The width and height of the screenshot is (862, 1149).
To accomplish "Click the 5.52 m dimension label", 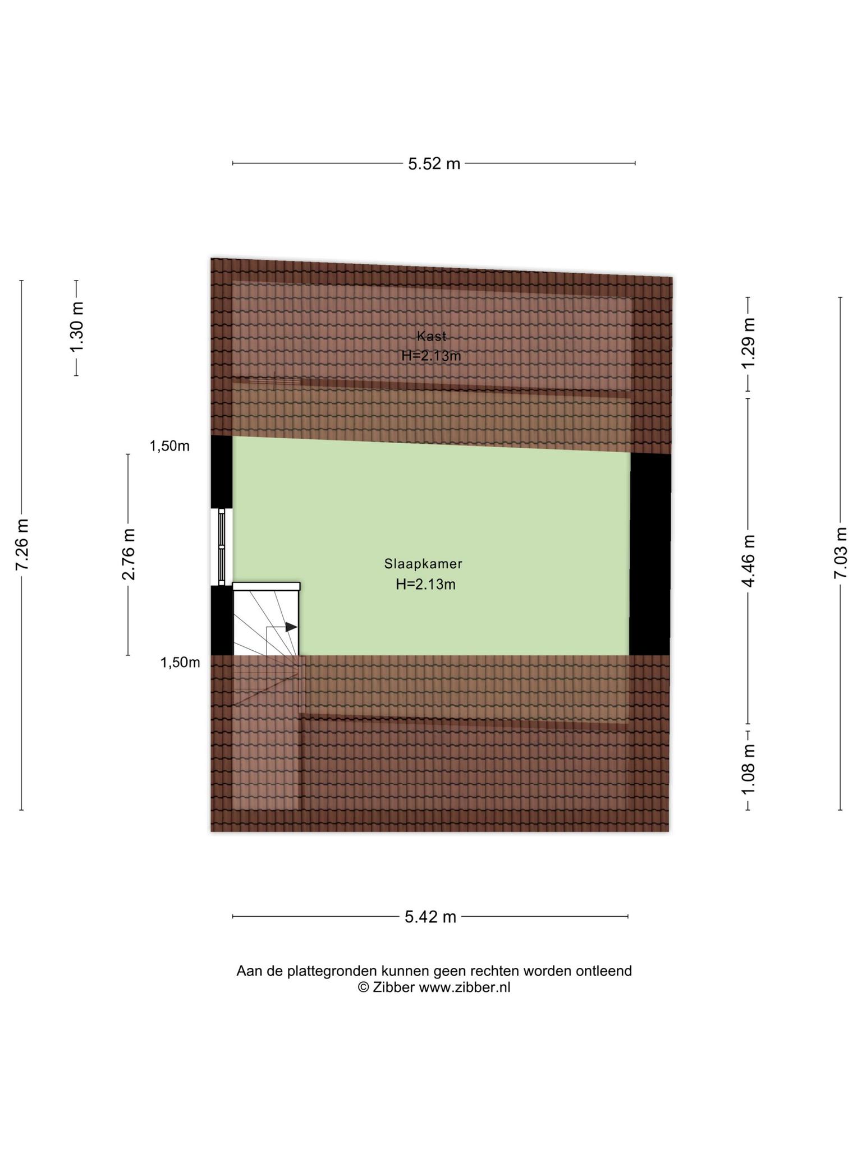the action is click(x=434, y=163).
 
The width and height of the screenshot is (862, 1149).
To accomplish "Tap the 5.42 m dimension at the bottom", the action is click(x=430, y=917).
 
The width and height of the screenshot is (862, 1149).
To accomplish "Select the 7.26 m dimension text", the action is click(x=22, y=544).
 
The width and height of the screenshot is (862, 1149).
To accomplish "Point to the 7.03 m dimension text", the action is click(x=840, y=553).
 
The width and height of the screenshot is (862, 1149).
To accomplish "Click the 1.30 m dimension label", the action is click(x=76, y=328).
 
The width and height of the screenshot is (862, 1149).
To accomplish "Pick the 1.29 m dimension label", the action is click(x=748, y=343).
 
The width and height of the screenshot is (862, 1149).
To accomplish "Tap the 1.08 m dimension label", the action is click(x=748, y=769).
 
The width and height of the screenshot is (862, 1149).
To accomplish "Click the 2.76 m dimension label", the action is click(x=129, y=554).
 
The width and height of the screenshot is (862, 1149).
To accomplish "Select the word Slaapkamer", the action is click(x=423, y=564).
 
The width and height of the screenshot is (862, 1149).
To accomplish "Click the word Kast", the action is click(x=432, y=336).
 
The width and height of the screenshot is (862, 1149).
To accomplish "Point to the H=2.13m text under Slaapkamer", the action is click(x=425, y=585).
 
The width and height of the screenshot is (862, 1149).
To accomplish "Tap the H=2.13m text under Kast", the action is click(x=431, y=356).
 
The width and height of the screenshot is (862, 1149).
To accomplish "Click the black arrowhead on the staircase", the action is click(x=291, y=627).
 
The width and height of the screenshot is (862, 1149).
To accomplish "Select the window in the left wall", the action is click(x=222, y=547).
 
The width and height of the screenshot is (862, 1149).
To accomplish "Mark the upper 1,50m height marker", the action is click(x=169, y=446).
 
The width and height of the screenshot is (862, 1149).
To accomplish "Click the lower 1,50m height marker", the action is click(x=180, y=663).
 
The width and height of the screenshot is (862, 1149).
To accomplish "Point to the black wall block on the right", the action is click(x=650, y=554).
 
